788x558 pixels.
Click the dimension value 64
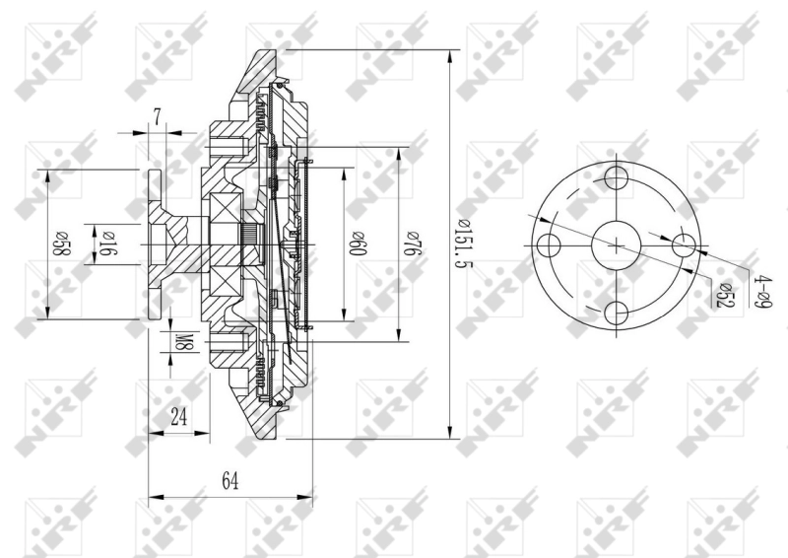(x=230, y=480)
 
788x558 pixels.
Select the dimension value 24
(x=178, y=416)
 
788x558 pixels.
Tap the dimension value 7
(x=158, y=116)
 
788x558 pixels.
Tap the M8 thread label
(x=183, y=343)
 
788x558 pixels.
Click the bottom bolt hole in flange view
(x=617, y=314)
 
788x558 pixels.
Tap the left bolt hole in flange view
(x=550, y=245)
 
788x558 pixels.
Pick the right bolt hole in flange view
(x=685, y=245)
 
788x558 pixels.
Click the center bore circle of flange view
(x=617, y=245)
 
